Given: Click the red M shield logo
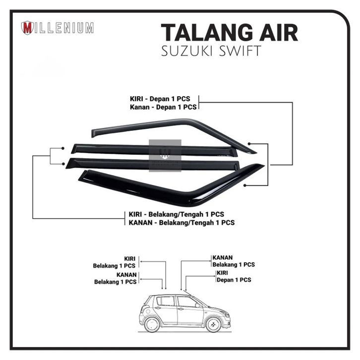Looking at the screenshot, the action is tap(27, 28).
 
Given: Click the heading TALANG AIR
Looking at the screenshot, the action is tap(229, 33).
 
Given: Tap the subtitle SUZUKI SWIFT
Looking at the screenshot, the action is tap(211, 52).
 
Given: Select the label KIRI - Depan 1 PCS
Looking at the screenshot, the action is tap(164, 98).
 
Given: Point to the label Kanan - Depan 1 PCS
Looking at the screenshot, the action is tap(164, 107).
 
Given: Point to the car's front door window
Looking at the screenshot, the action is tap(187, 302).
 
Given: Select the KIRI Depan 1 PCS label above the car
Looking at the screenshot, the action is tap(234, 276).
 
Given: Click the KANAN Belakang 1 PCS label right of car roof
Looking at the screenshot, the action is tap(233, 261).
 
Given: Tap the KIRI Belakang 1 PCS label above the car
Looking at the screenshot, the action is tap(115, 262).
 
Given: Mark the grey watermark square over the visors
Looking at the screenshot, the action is tap(165, 155).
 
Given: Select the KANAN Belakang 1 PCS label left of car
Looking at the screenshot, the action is tap(115, 278).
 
